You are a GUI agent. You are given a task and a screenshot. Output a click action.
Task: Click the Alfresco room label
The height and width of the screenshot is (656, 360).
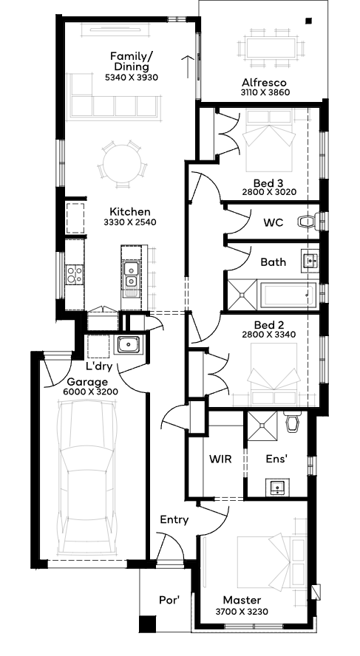tap(264, 83)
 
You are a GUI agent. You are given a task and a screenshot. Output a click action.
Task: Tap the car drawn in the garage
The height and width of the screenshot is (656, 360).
tap(86, 478)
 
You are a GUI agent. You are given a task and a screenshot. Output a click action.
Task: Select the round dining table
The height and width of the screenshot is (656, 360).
tap(122, 163)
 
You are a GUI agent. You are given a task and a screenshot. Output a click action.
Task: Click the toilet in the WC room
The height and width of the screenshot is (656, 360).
tap(308, 221)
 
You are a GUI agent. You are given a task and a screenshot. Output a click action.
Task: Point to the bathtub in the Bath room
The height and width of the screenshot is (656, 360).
tap(288, 295)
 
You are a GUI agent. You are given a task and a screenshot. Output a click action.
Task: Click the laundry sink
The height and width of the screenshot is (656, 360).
tap(129, 344)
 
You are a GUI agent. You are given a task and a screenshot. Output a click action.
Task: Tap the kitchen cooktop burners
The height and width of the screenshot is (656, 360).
tap(75, 275)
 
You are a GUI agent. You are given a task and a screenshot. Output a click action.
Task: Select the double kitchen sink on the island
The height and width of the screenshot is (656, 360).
tap(130, 275)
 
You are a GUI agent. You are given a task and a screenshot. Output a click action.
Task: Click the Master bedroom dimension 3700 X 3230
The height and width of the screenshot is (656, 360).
tap(242, 611)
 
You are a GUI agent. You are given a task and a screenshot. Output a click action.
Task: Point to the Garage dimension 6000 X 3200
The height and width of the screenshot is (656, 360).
tap(91, 392)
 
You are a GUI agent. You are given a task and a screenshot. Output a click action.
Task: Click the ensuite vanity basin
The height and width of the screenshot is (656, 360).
tap(276, 487)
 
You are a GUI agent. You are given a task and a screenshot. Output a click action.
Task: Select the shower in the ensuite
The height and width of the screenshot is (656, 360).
tap(262, 426)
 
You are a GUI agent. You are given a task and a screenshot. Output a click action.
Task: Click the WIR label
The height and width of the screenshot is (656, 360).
tap(220, 459)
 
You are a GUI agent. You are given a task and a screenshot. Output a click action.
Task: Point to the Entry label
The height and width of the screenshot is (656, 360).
tap(174, 520)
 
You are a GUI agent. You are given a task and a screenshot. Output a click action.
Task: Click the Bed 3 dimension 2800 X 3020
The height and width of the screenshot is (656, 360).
tap(269, 192)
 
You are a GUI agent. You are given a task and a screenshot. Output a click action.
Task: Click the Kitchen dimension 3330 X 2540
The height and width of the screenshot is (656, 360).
tap(130, 222)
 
